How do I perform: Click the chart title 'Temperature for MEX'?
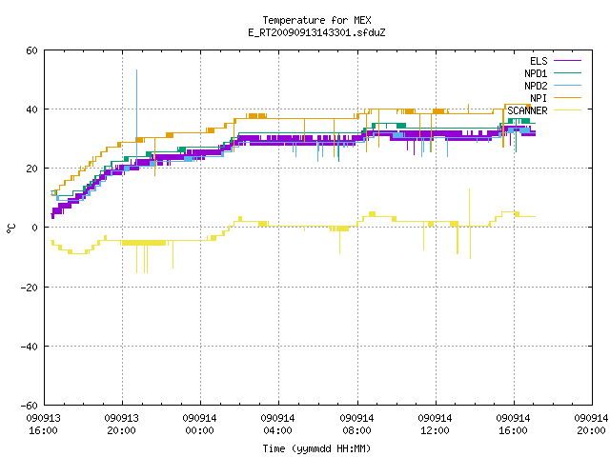316,20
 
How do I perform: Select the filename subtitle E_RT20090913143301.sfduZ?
316,32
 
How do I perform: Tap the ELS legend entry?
555,61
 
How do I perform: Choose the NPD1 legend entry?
553,73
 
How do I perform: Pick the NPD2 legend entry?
553,86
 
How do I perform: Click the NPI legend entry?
556,98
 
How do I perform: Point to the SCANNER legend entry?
544,110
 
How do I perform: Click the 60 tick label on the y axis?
31,50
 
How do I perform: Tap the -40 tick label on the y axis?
29,347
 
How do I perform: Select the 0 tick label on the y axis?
34,228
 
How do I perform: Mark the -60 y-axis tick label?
29,406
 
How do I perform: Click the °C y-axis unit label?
10,228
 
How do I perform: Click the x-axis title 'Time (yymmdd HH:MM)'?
316,448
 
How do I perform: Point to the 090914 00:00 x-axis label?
199,425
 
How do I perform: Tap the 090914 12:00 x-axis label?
435,425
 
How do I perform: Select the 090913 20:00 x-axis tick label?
121,425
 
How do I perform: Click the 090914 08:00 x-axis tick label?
356,425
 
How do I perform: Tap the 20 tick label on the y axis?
31,169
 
